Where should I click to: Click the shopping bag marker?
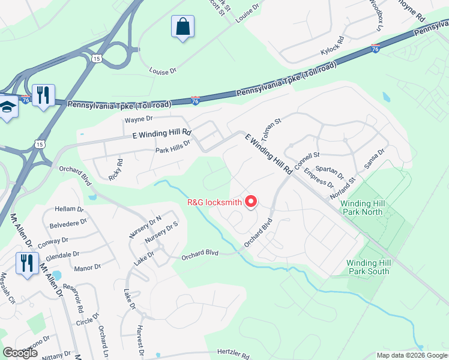coord(182,27)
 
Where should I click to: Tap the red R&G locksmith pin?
coord(252,202)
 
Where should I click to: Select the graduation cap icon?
coord(7,108)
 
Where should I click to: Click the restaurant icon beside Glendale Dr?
coord(28,263)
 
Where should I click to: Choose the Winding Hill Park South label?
coord(369,267)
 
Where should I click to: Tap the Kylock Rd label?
coord(332,47)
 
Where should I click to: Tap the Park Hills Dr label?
coord(172,146)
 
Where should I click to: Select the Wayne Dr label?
coord(139,119)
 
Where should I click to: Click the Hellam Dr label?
coord(69,209)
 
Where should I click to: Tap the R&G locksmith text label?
coord(215,202)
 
